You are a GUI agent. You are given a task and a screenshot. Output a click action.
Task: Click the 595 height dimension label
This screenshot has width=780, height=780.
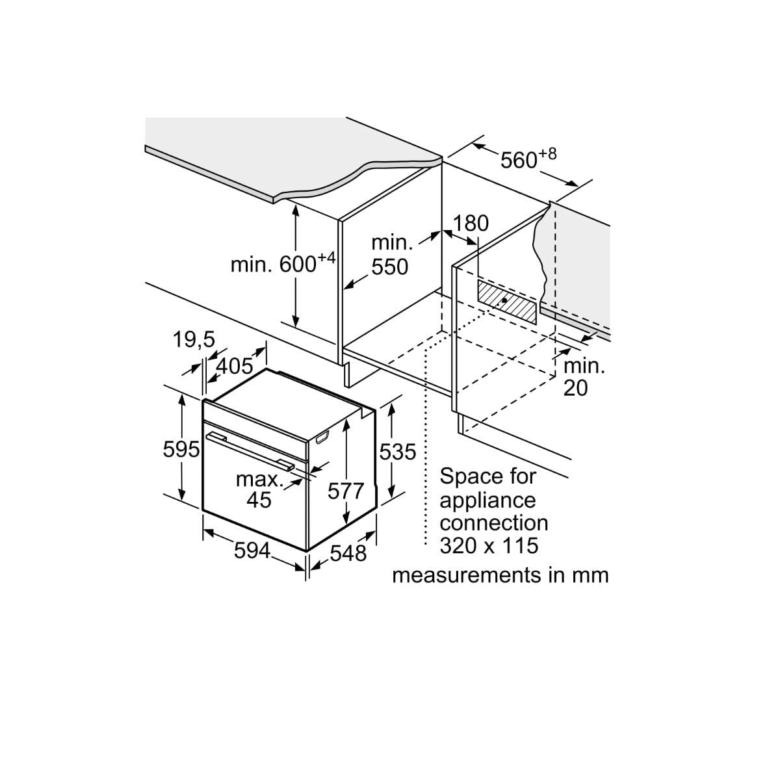tap(181, 449)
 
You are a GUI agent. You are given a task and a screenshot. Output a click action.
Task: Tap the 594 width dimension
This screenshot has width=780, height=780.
tap(252, 551)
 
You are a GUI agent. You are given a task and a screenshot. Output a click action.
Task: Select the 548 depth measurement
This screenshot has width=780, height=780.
tap(348, 553)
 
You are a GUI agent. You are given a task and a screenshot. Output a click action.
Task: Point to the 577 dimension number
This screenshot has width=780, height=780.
tap(346, 491)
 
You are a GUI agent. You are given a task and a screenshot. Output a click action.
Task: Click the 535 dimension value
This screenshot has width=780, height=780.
tap(398, 451)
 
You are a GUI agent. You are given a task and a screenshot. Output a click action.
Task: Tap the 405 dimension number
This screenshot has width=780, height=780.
tap(235, 367)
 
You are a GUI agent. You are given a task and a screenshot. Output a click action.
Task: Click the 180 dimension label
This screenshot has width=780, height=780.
tap(471, 223)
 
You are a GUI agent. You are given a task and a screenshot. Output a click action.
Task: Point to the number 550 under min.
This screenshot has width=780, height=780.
tap(390, 266)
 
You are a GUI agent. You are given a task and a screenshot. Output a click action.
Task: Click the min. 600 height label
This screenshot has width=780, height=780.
tap(283, 263)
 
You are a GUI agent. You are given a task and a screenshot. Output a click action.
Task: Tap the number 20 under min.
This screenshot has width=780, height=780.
tap(575, 388)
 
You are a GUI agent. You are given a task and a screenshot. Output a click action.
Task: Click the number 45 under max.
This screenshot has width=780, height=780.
tap(259, 500)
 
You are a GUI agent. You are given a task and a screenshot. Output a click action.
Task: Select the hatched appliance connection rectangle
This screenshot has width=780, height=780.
tap(507, 302)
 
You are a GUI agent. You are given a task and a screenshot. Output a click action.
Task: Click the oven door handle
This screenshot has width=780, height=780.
tap(250, 450)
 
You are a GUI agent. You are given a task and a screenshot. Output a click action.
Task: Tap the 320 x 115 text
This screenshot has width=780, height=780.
tap(489, 545)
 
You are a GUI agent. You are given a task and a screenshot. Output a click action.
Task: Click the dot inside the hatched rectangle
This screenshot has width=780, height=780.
tap(504, 300)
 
